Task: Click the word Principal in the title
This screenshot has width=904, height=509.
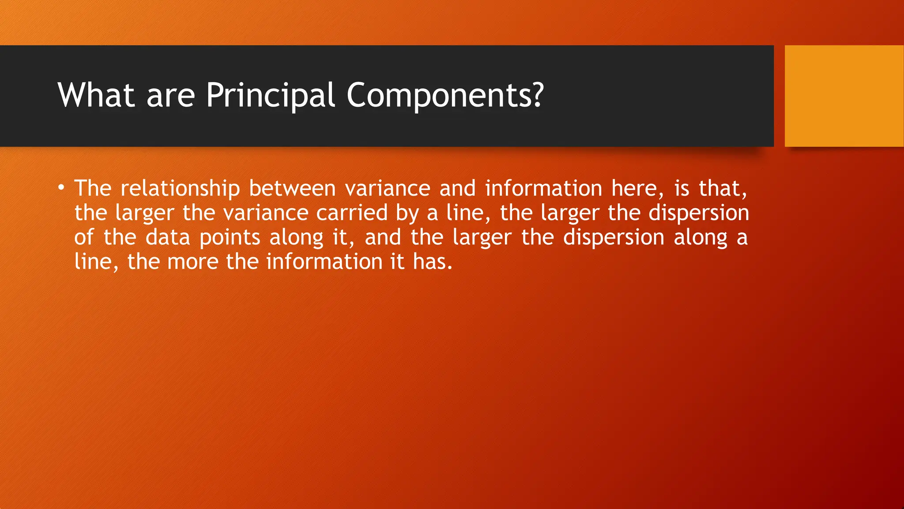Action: pos(270,95)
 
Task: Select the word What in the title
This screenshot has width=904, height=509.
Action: pos(96,95)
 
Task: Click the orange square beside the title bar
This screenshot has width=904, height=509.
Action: pos(844,96)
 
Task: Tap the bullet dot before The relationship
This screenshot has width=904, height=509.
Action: pos(61,188)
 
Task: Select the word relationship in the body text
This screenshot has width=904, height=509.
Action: pos(180,189)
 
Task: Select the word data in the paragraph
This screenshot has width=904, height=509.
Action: pos(168,237)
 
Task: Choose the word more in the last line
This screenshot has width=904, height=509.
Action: pos(192,262)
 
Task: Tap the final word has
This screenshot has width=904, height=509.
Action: pos(432,262)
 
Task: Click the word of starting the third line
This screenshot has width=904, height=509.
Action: pos(84,237)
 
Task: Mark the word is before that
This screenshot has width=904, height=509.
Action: pos(682,189)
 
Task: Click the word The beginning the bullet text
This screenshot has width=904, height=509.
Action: pos(93,189)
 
